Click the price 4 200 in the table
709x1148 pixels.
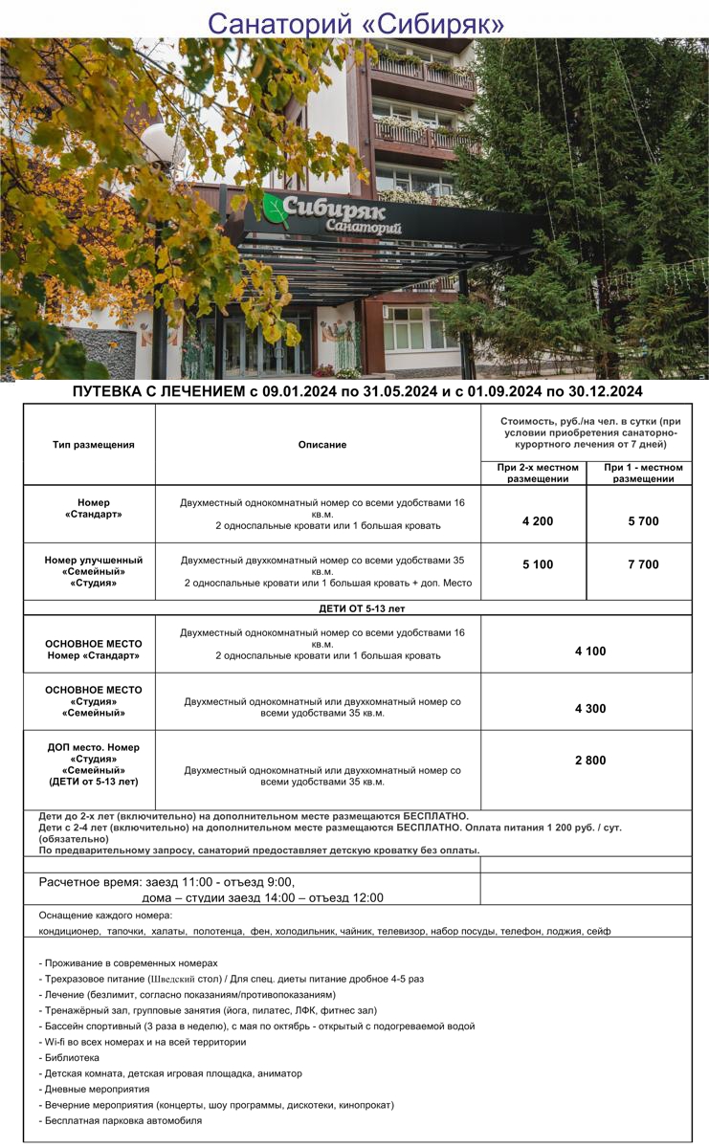[538, 521]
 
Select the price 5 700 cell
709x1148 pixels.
[643, 521]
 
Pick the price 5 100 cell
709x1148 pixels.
[538, 564]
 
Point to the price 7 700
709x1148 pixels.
[643, 564]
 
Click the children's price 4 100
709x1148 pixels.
[589, 651]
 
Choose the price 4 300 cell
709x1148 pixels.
[589, 709]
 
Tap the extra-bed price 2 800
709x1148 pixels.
[589, 761]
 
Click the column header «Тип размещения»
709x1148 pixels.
[94, 445]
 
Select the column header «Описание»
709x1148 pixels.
[322, 445]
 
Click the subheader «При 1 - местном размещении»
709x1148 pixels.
[643, 473]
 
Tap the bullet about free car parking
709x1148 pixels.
[122, 1120]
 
